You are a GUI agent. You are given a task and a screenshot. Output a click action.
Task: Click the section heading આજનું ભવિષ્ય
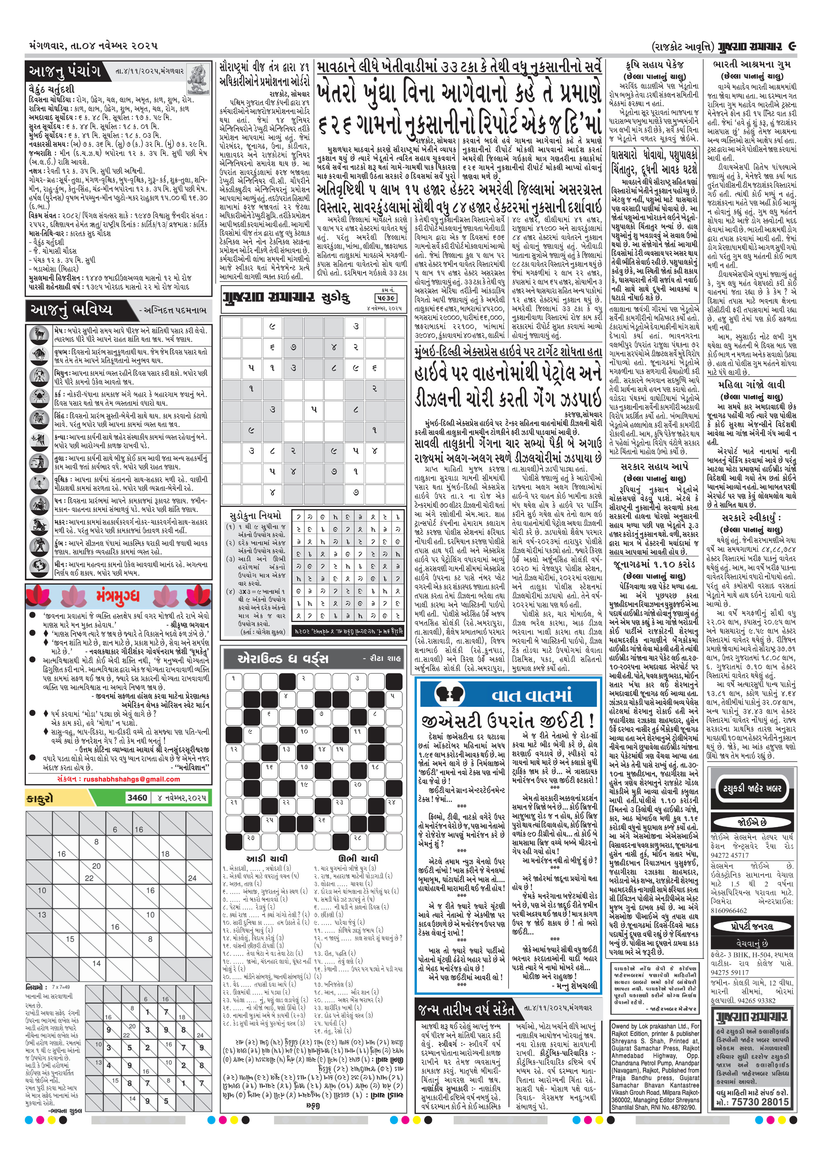71,310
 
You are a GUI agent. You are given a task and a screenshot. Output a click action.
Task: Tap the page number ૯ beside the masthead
791,46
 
